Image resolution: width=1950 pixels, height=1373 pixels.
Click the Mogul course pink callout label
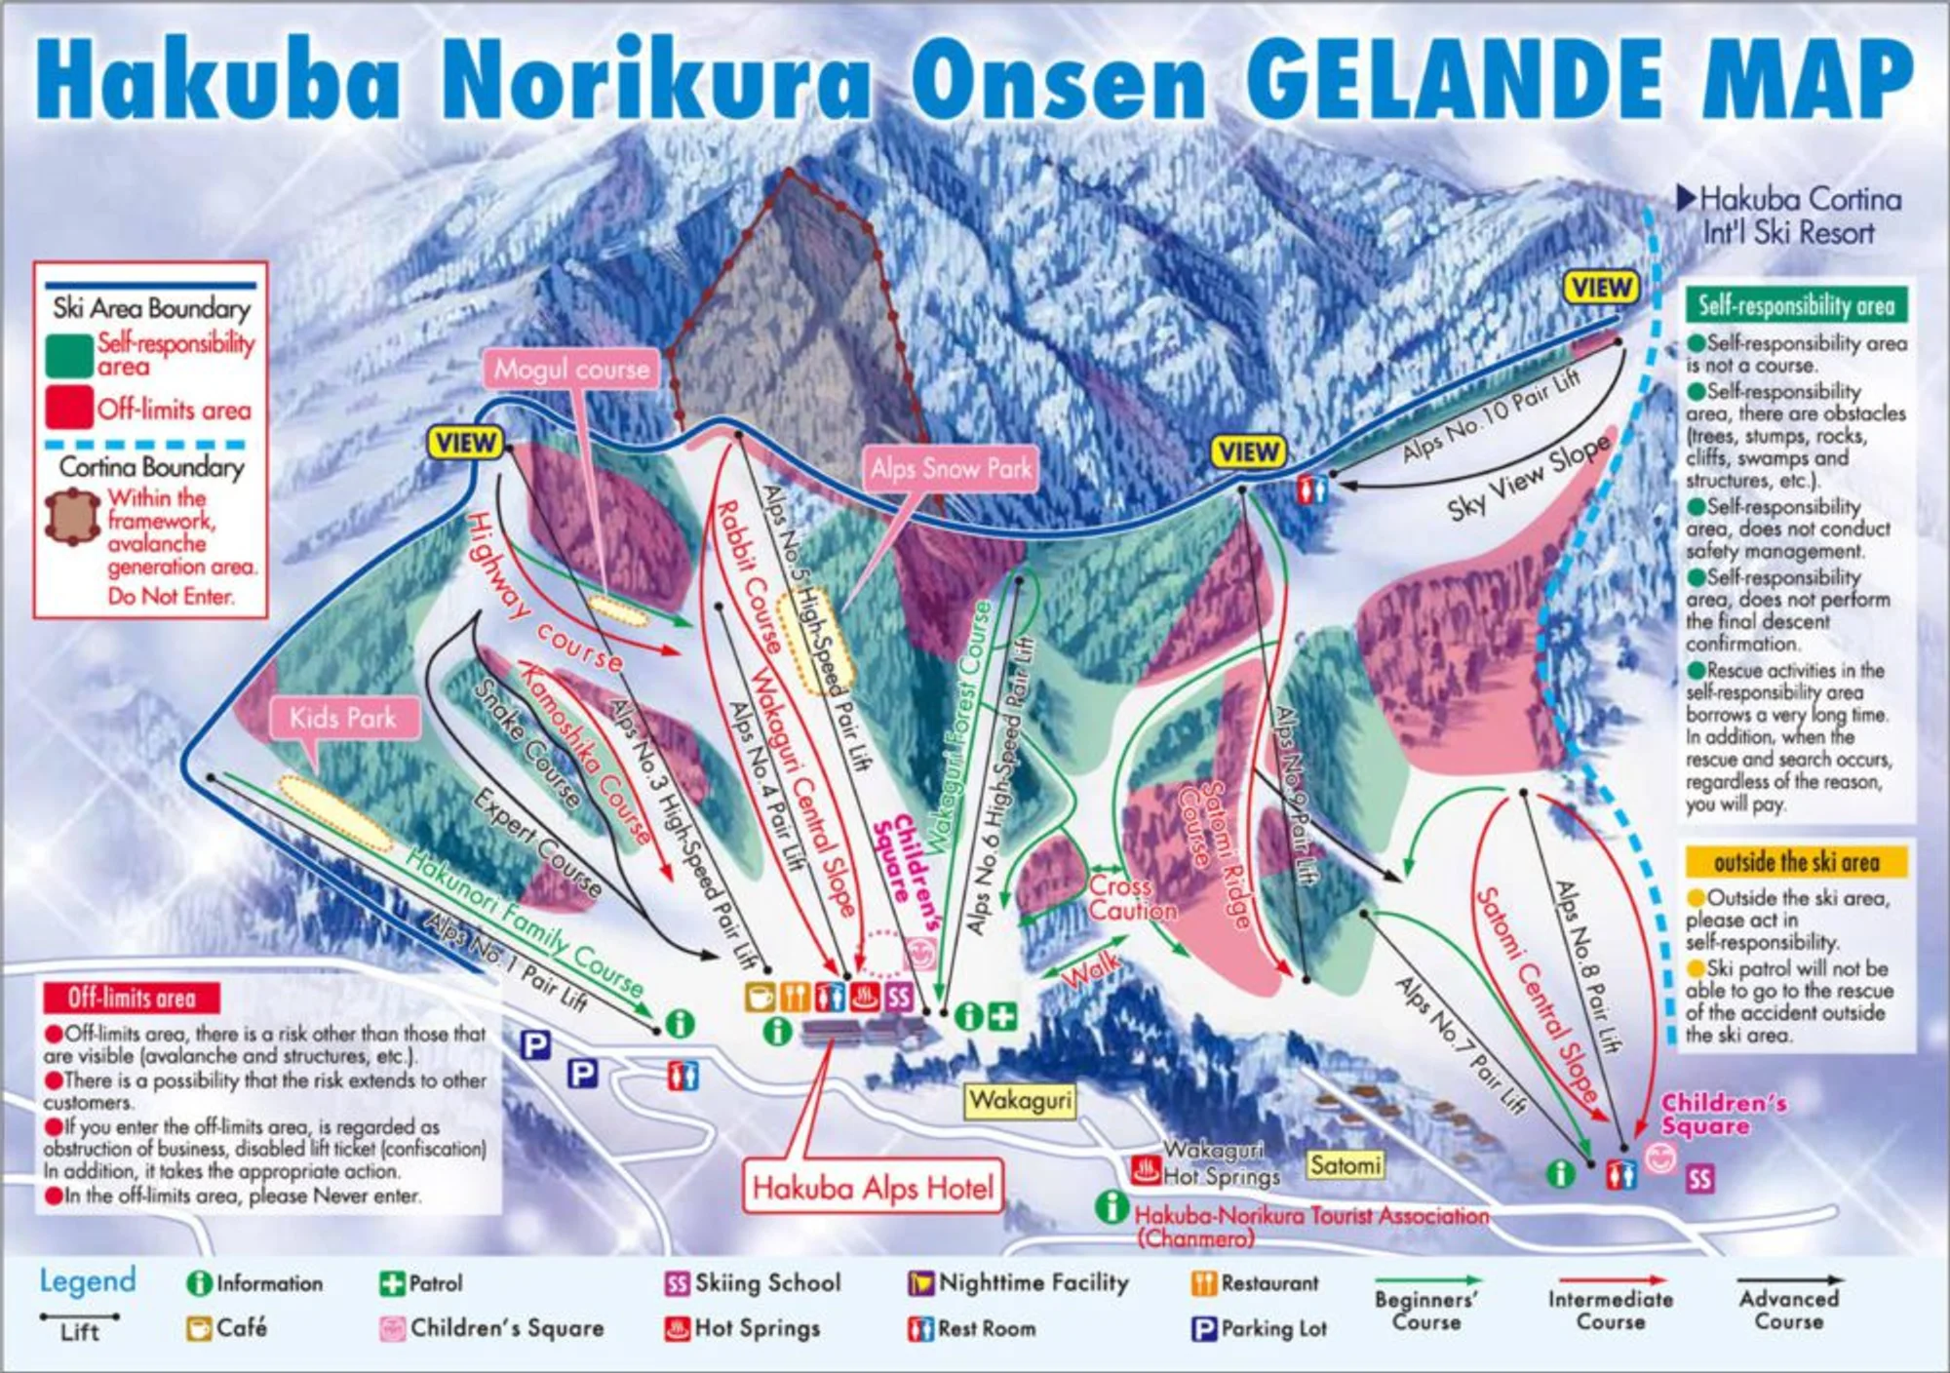pos(570,370)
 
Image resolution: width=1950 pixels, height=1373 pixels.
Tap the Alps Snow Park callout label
pos(951,469)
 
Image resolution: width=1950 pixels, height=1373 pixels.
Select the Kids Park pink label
pos(343,719)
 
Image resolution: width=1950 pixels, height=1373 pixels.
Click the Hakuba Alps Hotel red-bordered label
pos(873,1188)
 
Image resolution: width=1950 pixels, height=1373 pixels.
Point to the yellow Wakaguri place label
pos(1020,1101)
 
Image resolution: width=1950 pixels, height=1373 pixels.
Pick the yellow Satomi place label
pos(1345,1165)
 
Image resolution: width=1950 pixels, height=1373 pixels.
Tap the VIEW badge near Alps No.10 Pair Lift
pos(1601,288)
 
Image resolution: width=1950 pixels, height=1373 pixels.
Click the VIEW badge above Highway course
pos(465,443)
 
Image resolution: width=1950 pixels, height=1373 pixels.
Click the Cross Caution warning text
pos(1131,898)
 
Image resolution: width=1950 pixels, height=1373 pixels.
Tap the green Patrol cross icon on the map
pos(1002,1017)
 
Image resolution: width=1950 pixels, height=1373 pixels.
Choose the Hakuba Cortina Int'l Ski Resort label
pos(1790,216)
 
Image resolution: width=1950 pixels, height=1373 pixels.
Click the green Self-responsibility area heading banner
pos(1796,305)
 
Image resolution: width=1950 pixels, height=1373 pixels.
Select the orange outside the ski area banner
pos(1796,862)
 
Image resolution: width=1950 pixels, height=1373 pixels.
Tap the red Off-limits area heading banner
pos(132,998)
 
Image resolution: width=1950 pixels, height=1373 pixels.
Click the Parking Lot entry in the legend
pos(1260,1328)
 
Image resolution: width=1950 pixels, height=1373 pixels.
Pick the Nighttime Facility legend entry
pos(1019,1283)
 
